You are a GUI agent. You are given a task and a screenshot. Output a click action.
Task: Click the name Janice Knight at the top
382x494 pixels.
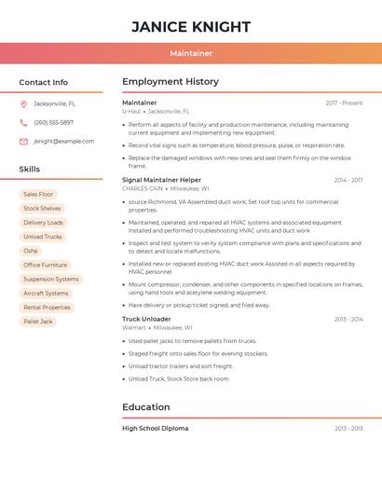point(191,26)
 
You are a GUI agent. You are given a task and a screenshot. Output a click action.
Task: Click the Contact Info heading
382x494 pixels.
point(43,82)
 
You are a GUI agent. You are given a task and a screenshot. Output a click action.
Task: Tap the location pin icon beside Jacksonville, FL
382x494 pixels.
point(23,104)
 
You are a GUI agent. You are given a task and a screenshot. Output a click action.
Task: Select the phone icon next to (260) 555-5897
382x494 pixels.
point(23,123)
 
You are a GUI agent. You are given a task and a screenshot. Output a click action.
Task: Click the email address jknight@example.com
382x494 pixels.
point(63,142)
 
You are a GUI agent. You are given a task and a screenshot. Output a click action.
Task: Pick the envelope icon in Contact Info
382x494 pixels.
point(23,142)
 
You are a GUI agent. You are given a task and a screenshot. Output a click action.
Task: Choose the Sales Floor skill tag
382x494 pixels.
point(38,195)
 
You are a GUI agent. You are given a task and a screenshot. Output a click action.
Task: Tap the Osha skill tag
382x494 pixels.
point(31,251)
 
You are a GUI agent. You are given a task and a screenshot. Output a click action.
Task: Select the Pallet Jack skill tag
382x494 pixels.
point(38,322)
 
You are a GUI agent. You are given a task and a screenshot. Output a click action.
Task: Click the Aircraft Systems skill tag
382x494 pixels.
point(46,294)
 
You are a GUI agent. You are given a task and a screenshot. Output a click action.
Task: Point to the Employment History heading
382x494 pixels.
point(170,82)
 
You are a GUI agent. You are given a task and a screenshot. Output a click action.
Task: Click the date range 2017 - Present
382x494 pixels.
point(344,103)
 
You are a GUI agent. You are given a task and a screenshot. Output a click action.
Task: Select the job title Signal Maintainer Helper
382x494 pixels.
point(161,180)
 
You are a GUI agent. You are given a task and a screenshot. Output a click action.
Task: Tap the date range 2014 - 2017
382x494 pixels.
point(348,180)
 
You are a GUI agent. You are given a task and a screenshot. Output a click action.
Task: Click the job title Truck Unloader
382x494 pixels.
point(146,319)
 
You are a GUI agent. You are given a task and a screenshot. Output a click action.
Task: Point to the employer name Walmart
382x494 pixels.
point(134,328)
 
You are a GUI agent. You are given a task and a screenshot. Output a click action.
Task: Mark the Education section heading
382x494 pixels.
point(146,407)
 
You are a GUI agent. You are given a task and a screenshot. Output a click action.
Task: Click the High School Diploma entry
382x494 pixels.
point(155,429)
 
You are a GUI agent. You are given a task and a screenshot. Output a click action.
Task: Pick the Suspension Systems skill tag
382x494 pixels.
point(51,279)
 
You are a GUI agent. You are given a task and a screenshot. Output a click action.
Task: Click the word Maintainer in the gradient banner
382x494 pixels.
point(191,54)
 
